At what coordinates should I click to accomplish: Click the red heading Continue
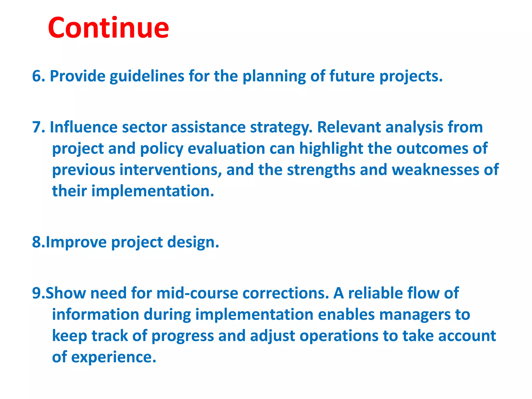click(x=108, y=28)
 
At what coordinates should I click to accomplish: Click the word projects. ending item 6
click(x=411, y=77)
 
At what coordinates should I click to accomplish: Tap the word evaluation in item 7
click(x=226, y=149)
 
